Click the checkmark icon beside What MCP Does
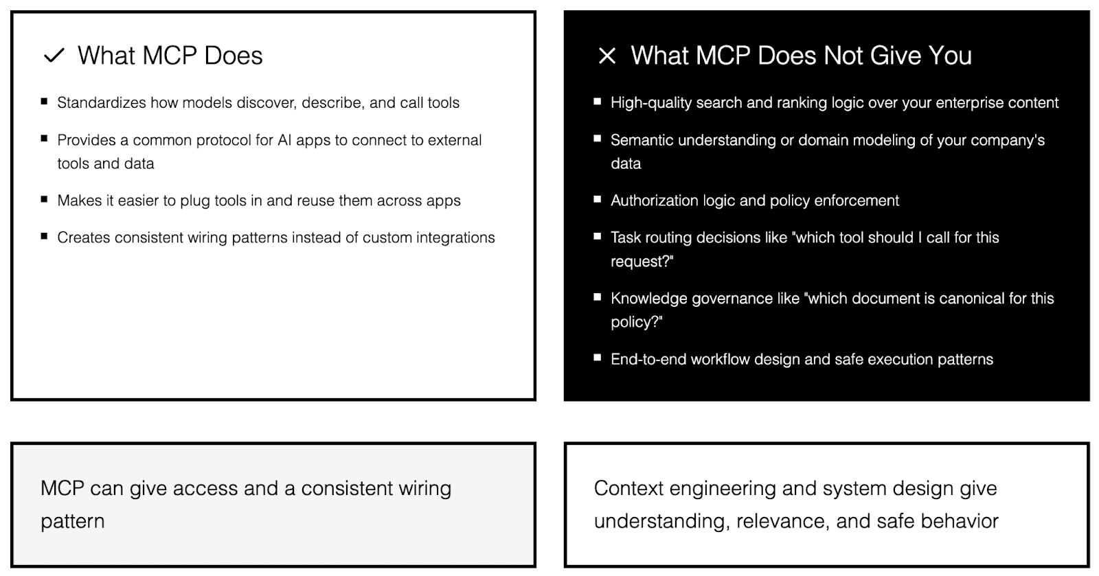[54, 56]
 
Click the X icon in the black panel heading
[607, 56]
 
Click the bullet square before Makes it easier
[45, 200]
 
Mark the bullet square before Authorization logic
[598, 200]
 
